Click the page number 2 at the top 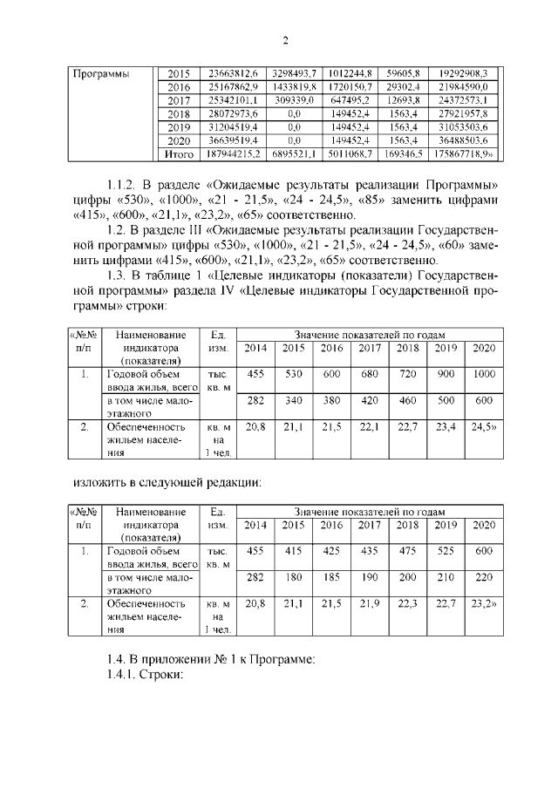284,41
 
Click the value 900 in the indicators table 446,375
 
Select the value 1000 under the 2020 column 482,375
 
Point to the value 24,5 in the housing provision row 481,426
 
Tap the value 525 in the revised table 446,551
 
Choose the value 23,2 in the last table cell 481,602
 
